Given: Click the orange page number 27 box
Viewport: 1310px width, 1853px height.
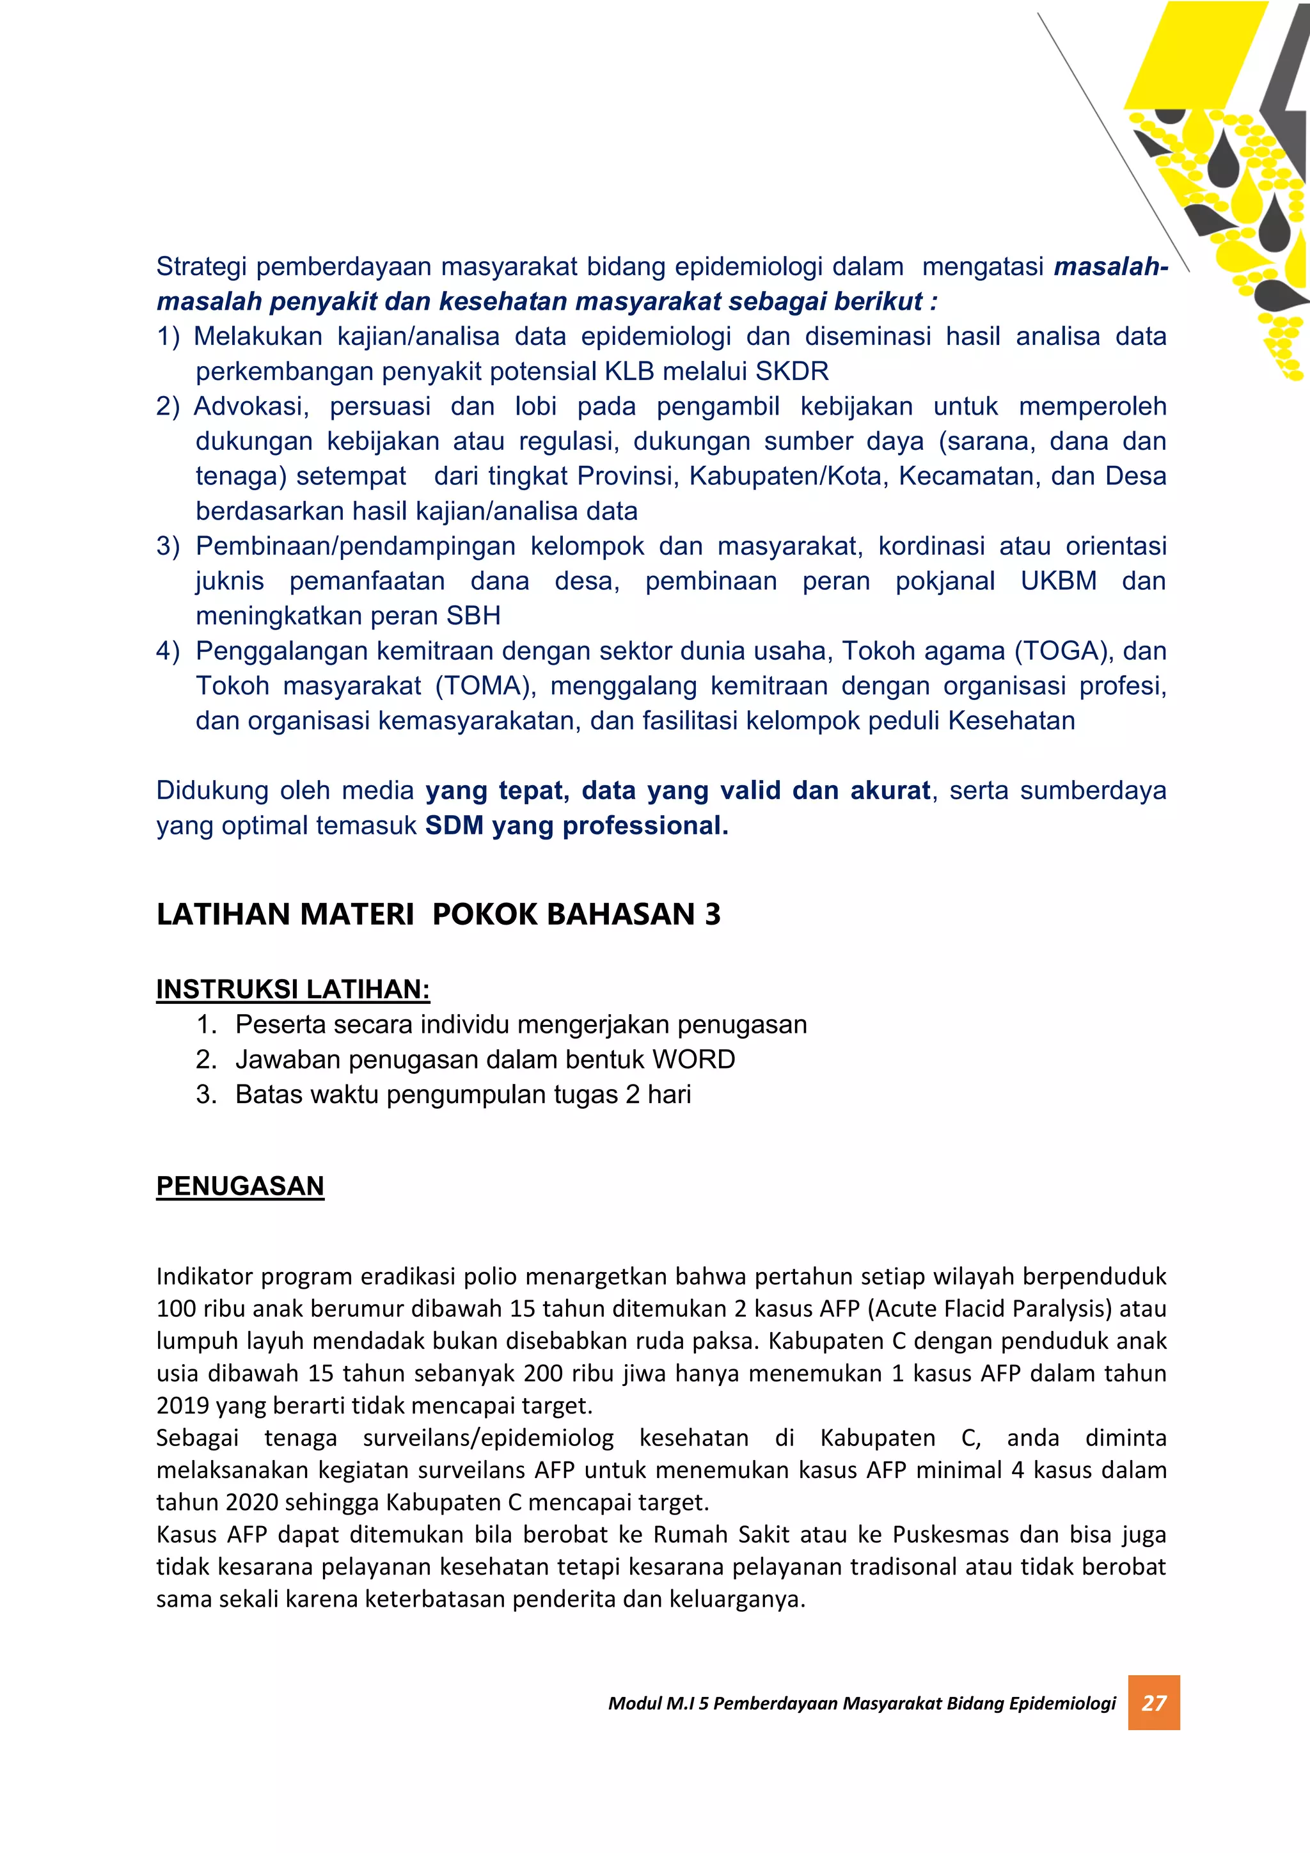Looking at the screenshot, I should [x=1153, y=1702].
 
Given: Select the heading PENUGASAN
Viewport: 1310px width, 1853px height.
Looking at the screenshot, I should [x=241, y=1186].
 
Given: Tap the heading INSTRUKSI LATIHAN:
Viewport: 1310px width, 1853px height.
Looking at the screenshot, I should [x=293, y=989].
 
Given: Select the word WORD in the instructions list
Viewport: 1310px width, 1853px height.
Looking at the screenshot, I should [x=694, y=1059].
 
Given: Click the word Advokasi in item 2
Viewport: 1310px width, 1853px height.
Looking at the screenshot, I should [x=251, y=406].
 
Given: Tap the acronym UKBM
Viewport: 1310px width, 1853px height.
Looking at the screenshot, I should [x=1059, y=581].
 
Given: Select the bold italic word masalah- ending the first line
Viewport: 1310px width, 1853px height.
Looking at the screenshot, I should [x=1111, y=266].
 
